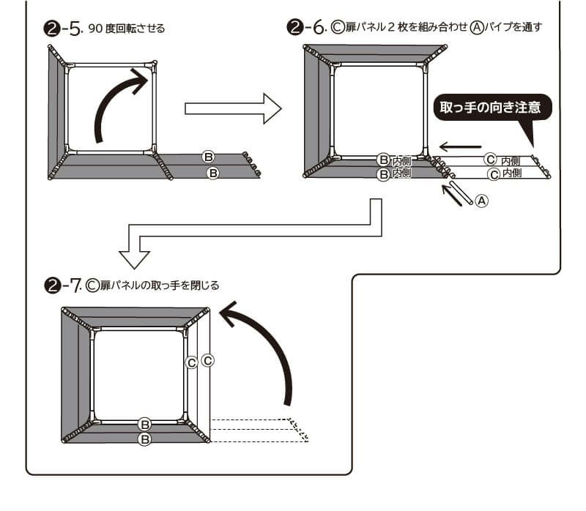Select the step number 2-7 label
click(x=62, y=285)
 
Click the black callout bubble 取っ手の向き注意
click(x=490, y=108)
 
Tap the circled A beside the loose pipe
click(x=481, y=198)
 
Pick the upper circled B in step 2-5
click(x=208, y=157)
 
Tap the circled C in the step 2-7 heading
click(x=92, y=285)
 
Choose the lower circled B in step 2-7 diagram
click(x=145, y=439)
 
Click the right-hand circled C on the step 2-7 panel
click(x=207, y=360)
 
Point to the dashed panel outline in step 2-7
click(x=256, y=430)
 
